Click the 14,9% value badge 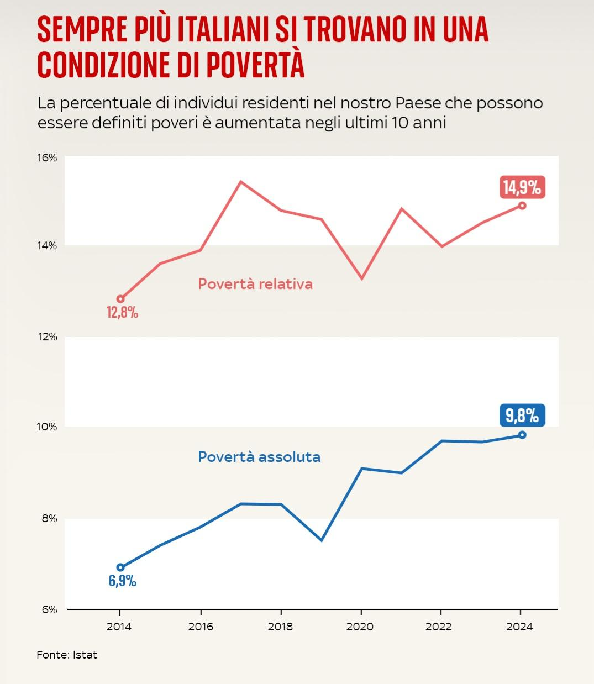(522, 187)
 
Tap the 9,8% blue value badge (522, 415)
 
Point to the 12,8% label (122, 313)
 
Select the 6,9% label (122, 581)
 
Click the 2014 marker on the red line (120, 299)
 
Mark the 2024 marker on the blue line (522, 435)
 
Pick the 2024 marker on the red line (522, 206)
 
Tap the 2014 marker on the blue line (120, 567)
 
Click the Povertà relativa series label (255, 284)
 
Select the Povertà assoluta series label (259, 457)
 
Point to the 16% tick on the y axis (47, 158)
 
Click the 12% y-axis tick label (47, 336)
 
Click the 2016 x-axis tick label (201, 627)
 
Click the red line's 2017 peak (241, 182)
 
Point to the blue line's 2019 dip (321, 540)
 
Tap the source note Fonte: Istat (67, 655)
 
